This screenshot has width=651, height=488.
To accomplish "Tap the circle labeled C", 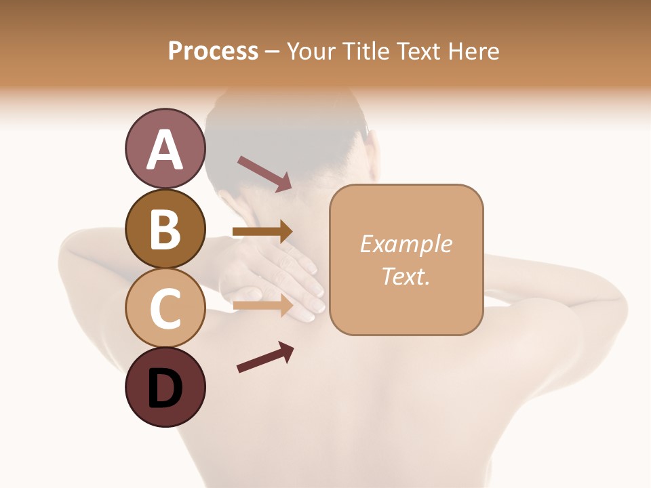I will (x=165, y=308).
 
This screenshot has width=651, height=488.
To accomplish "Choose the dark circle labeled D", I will (x=165, y=387).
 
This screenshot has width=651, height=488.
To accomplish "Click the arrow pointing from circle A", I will (x=264, y=173).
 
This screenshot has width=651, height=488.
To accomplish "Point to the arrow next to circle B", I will (x=262, y=232).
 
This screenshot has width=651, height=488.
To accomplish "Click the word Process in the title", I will (x=213, y=51).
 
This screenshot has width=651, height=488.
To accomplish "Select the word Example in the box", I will (x=406, y=244).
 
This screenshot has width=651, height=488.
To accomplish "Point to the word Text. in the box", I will (x=406, y=276).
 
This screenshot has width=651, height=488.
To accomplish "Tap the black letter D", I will (x=165, y=388).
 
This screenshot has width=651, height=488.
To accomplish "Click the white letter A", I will (x=165, y=150).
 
